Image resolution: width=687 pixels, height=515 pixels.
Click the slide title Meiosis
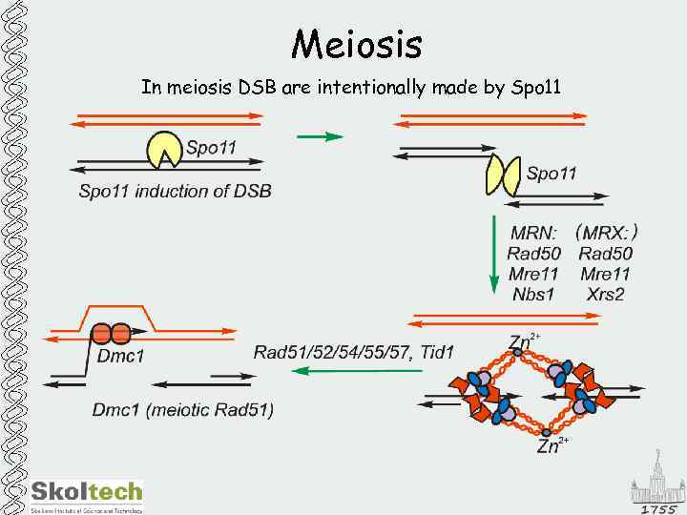point(357,43)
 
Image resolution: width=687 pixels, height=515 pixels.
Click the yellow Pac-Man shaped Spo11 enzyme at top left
point(162,148)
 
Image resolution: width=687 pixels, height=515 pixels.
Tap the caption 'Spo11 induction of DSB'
point(175,191)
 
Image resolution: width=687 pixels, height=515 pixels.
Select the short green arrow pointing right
point(320,136)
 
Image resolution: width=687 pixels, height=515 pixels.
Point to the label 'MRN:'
point(534,233)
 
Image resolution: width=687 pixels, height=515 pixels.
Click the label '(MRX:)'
point(606,232)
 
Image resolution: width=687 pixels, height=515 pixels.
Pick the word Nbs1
point(532,294)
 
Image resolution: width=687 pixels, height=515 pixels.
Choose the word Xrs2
point(605,294)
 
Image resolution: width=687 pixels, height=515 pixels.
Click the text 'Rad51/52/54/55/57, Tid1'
point(354,353)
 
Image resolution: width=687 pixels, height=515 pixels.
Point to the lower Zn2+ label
point(552,444)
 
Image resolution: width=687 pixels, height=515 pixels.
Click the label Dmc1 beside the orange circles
point(121,358)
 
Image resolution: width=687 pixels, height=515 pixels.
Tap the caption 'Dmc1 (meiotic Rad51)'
point(182,410)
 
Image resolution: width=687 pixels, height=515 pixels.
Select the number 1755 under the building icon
point(658,508)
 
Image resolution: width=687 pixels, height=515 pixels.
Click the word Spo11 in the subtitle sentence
point(536,89)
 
